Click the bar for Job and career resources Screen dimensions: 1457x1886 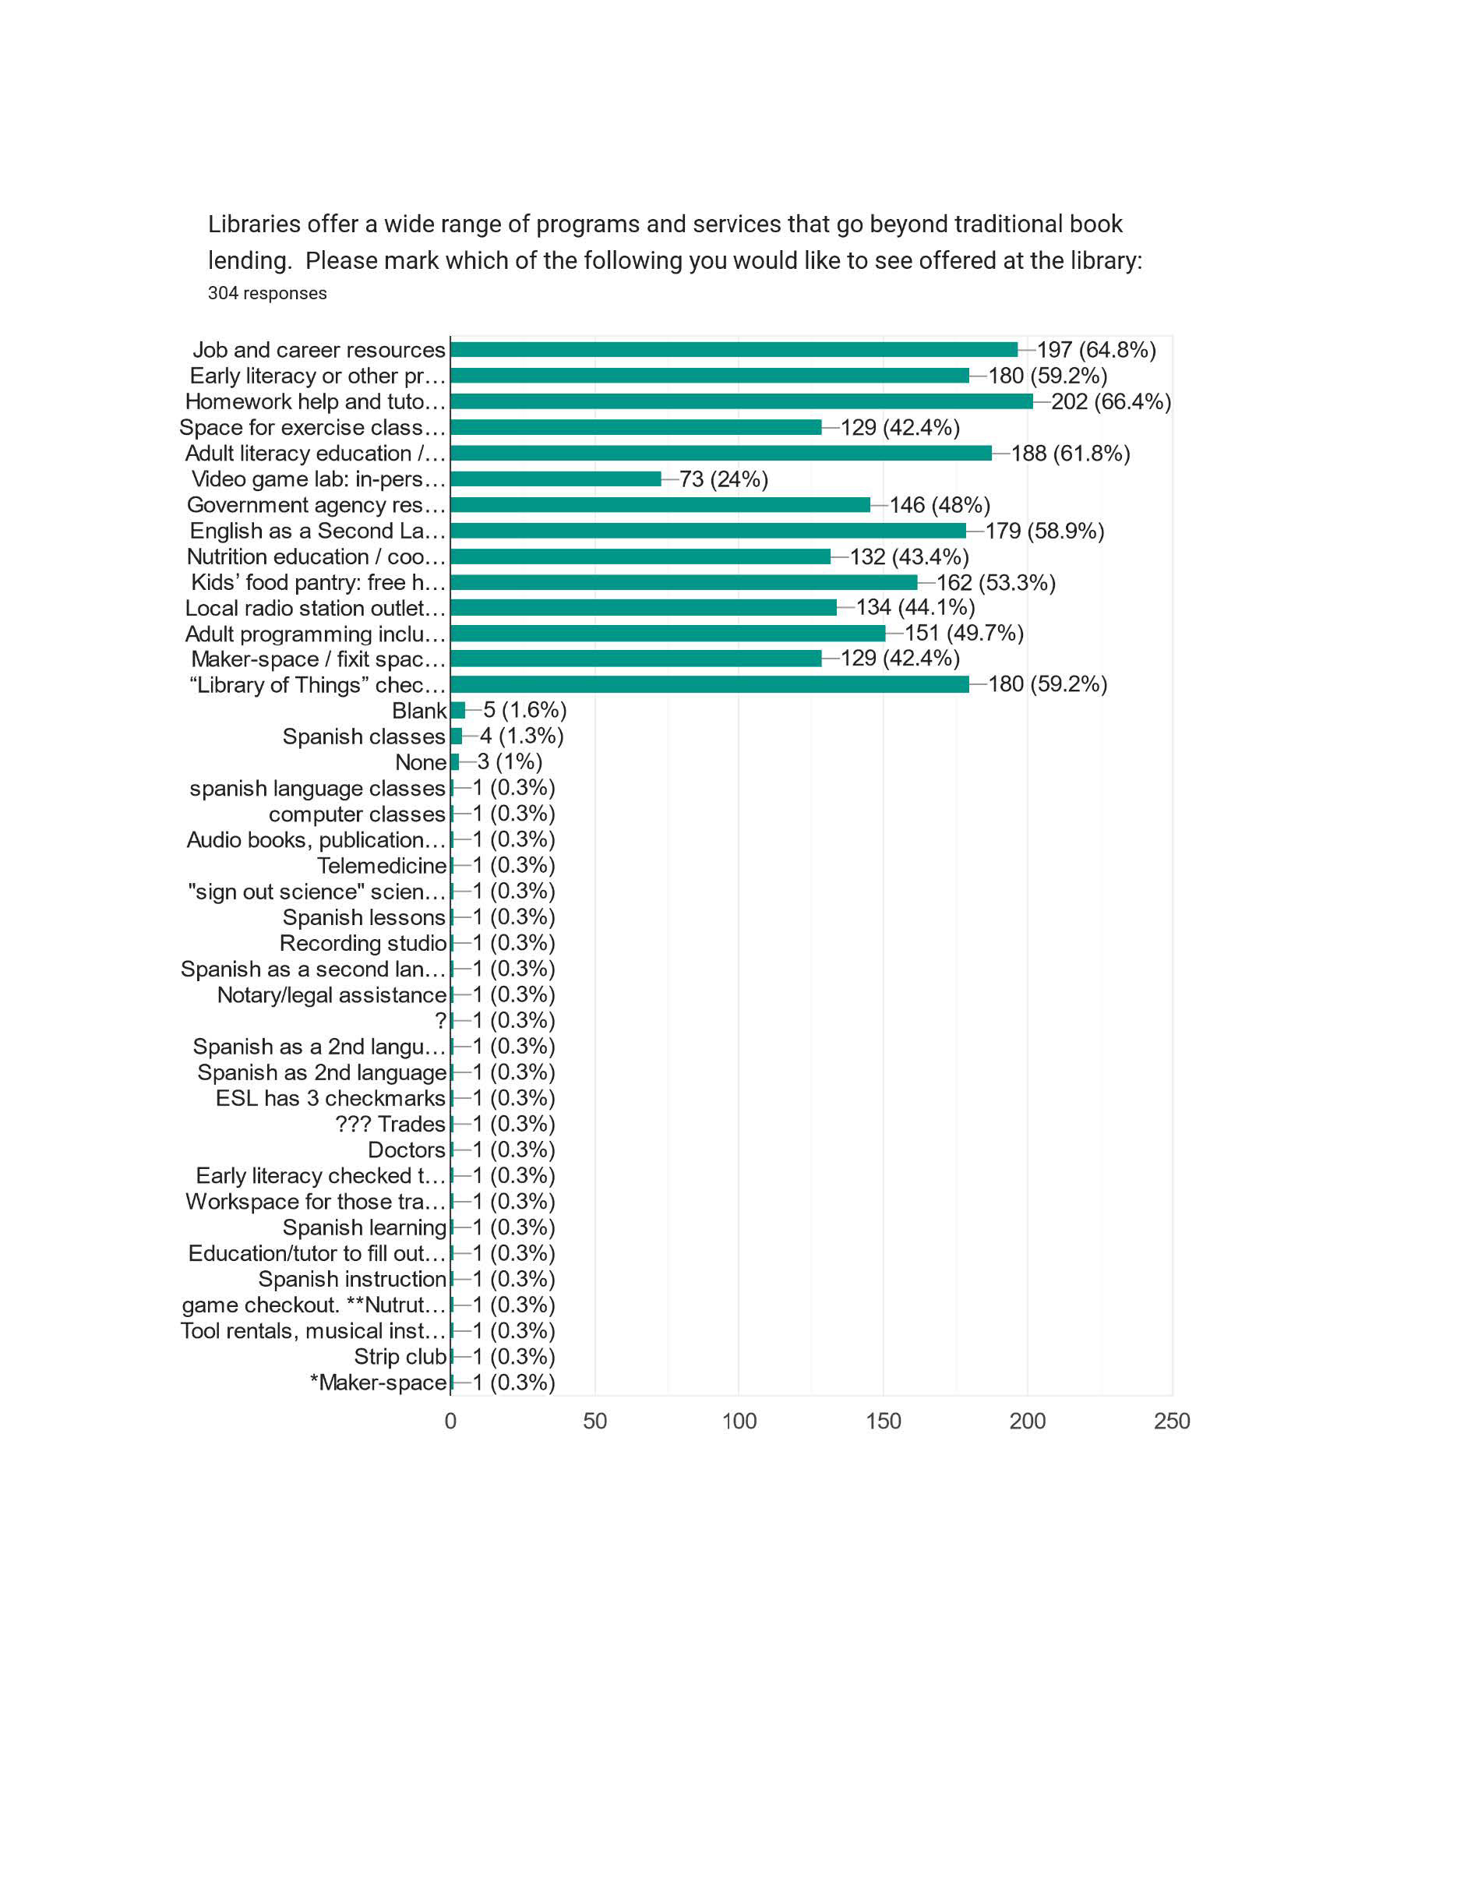tap(734, 350)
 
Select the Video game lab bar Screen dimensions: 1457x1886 tap(556, 479)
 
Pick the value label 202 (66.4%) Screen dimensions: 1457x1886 tap(1111, 401)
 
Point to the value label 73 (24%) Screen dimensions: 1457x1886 tap(723, 479)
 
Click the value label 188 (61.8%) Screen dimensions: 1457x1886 tap(1071, 454)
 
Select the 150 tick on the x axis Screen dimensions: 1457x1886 tap(883, 1422)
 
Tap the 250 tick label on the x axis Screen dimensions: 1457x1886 tap(1171, 1422)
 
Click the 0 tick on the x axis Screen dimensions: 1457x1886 tap(450, 1422)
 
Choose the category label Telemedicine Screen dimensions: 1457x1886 tap(382, 865)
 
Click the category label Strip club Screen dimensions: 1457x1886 tap(400, 1357)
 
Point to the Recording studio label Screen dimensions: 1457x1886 tap(362, 943)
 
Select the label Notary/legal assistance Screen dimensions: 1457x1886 tap(331, 994)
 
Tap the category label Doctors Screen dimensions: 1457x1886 tap(407, 1150)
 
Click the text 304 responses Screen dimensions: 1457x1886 tap(267, 293)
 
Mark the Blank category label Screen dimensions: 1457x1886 tap(419, 711)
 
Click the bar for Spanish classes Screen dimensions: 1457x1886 tap(457, 736)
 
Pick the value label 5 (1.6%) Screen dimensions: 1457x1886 tap(525, 710)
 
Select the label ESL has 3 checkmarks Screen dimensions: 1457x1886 tap(330, 1098)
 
